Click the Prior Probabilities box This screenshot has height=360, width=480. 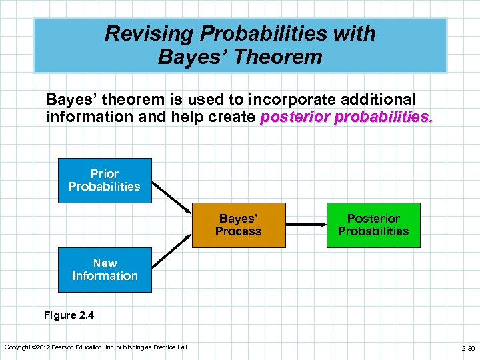coord(105,181)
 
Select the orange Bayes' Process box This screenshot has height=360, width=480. coord(239,225)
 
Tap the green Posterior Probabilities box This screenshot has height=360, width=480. coord(373,225)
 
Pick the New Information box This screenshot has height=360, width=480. coord(105,270)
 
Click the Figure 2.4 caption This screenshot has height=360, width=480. coord(69,315)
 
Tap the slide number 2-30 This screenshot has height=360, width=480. coord(467,348)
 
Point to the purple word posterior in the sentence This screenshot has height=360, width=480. coord(293,117)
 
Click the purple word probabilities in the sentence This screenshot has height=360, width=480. coord(381,117)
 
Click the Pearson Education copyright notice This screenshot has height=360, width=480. coord(95,347)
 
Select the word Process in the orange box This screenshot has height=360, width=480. coord(239,231)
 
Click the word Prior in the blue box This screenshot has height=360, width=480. coord(105,174)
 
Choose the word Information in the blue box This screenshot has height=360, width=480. coord(105,276)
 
